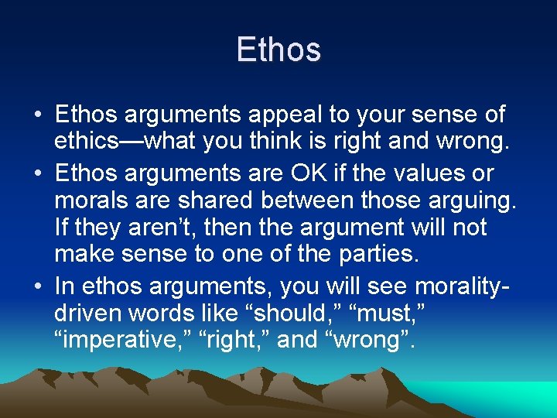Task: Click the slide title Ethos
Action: (278, 50)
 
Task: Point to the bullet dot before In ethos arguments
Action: (38, 286)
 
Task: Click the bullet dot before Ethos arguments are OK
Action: (38, 173)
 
